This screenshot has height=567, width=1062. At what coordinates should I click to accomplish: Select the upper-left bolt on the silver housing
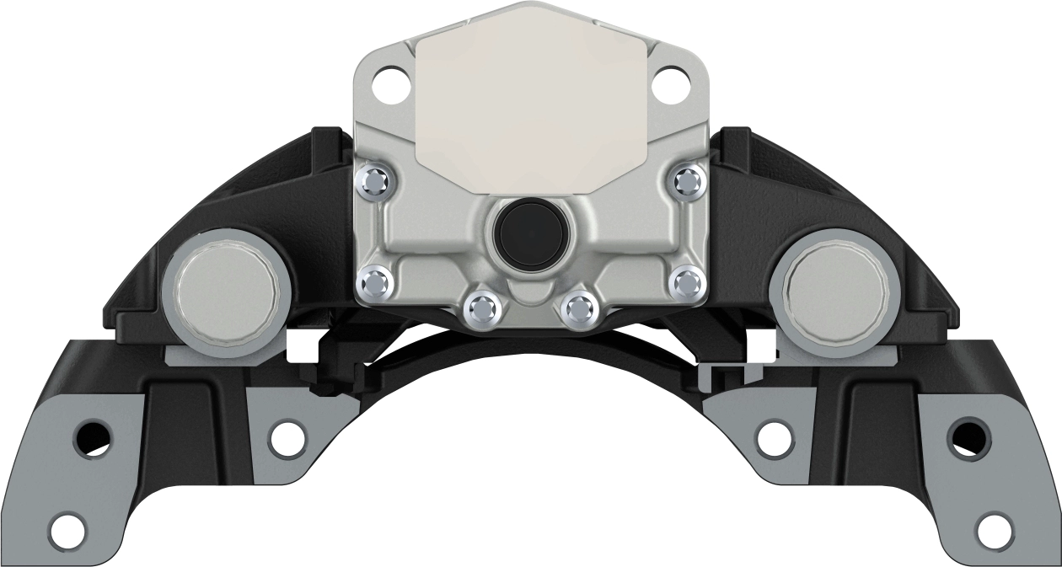[373, 179]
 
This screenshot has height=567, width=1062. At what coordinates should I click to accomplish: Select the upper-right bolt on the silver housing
[689, 179]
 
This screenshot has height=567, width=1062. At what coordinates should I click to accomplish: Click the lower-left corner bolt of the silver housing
[374, 282]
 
